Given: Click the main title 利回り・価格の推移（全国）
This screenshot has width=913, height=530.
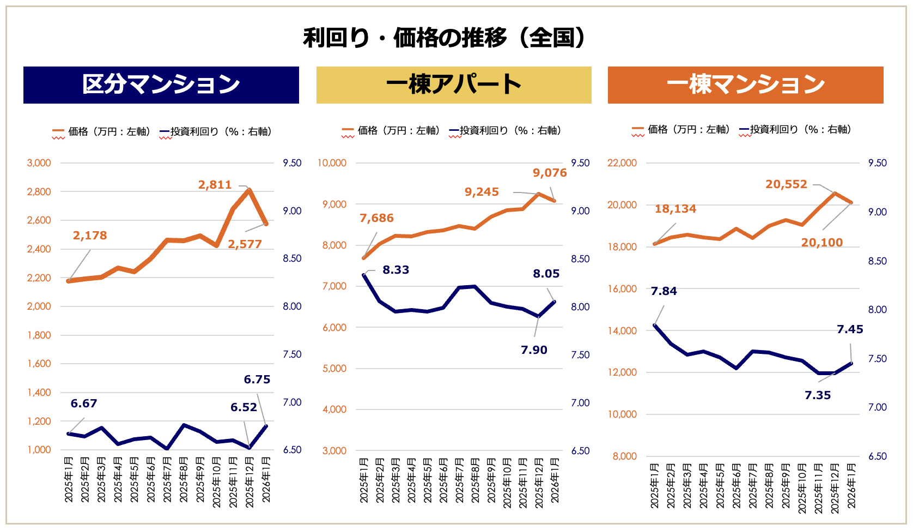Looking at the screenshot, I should pos(445,38).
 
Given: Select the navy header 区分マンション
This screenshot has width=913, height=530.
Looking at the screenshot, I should pos(161,85).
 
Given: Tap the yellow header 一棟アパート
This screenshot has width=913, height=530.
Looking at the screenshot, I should pos(454,85).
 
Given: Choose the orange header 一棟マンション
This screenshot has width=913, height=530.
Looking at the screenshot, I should pos(745,85).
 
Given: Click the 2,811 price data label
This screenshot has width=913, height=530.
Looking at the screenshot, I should pos(215,185).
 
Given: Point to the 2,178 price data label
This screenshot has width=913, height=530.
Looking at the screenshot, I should pos(90,236).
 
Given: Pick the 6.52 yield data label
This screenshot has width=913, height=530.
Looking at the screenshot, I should pos(244,407).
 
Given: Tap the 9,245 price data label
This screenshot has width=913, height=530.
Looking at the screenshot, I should pos(482,192).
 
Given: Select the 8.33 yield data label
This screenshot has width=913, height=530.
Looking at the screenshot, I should pos(395,270).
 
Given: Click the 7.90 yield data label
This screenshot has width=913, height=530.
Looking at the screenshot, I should pos(534,350).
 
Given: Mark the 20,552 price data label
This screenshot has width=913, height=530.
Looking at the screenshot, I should pos(786,184).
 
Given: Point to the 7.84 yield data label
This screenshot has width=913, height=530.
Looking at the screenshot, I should pos(664,291).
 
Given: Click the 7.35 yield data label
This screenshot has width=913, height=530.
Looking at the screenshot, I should pos(818,395).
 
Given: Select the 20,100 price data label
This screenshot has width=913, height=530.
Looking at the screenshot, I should pos(821,243).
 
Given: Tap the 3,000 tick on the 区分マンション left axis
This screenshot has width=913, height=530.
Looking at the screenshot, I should pos(39,163).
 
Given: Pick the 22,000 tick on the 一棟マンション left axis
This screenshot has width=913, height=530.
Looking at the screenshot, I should pos(622,163).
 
